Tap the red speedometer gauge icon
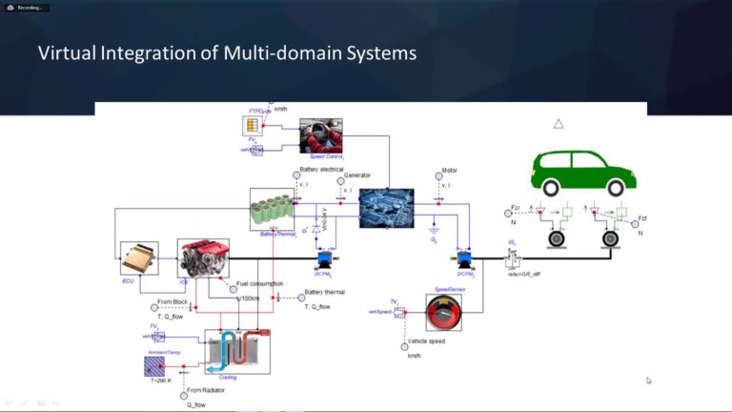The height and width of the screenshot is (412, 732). pyautogui.click(x=443, y=312)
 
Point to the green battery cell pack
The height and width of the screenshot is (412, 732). pyautogui.click(x=273, y=209)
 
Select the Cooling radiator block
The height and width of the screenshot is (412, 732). pyautogui.click(x=238, y=351)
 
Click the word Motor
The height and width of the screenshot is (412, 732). pyautogui.click(x=450, y=172)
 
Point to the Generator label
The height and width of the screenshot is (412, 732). pyautogui.click(x=357, y=175)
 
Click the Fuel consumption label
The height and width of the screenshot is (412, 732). pyautogui.click(x=260, y=283)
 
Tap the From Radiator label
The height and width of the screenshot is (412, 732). pyautogui.click(x=210, y=390)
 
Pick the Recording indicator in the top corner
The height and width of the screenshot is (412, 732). pyautogui.click(x=30, y=7)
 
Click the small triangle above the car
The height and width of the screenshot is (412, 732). pyautogui.click(x=559, y=123)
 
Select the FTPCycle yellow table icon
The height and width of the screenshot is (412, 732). pyautogui.click(x=253, y=126)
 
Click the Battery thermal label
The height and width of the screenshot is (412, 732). pyautogui.click(x=324, y=292)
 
